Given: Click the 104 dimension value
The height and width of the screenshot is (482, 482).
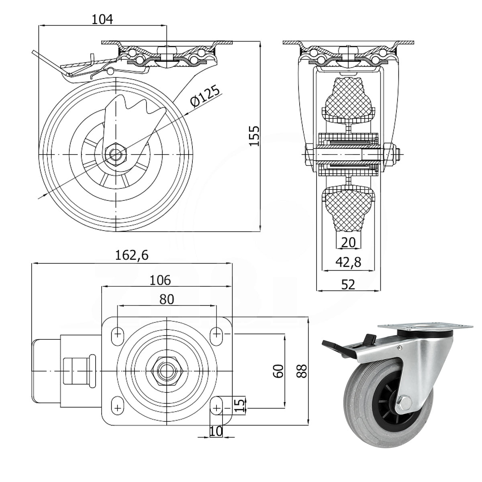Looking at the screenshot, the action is click(102, 20).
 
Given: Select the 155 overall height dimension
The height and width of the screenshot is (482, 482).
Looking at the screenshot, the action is click(255, 136).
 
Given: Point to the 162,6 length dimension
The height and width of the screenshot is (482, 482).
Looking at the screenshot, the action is click(132, 255).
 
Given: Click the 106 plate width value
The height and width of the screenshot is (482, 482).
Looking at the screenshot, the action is click(160, 280).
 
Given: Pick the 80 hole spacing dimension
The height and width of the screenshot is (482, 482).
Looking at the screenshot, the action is click(167, 299).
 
